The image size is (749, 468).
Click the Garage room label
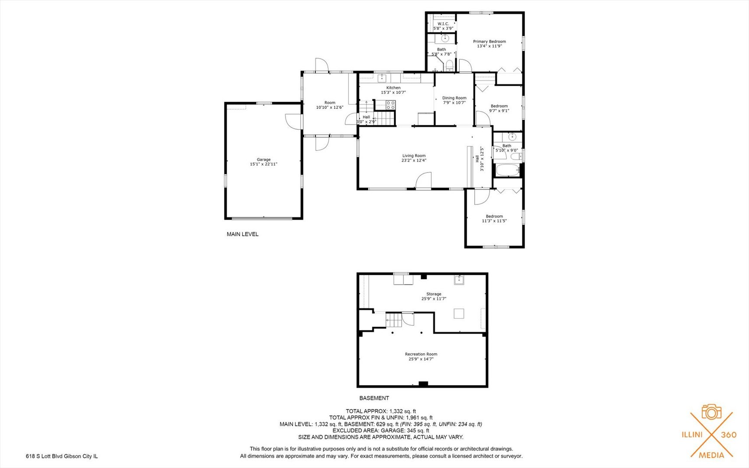(263, 159)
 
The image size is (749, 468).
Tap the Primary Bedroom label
(489, 42)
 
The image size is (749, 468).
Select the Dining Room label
(454, 98)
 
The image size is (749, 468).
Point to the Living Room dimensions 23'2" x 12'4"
(414, 160)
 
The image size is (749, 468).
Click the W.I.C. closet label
(443, 24)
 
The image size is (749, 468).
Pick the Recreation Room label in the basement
(421, 354)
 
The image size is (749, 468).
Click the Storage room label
(434, 294)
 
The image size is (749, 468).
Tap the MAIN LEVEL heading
(243, 234)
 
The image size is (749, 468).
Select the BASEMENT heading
(374, 398)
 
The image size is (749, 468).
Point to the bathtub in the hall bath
(508, 170)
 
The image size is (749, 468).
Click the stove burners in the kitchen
(391, 104)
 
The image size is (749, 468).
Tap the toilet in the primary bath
(449, 66)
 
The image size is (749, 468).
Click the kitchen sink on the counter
(382, 78)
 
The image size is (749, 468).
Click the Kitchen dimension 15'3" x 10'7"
(393, 92)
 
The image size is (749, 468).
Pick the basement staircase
(394, 320)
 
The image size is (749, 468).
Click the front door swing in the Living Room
(424, 181)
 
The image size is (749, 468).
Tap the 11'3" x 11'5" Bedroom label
(494, 218)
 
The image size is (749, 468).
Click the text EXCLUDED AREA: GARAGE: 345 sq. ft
(381, 431)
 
